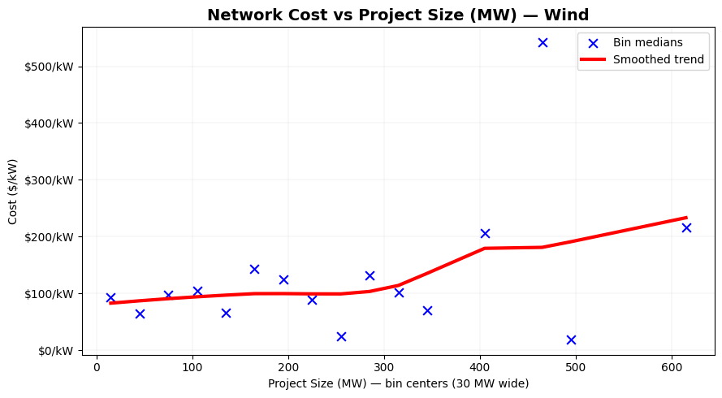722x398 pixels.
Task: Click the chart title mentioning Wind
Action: coord(398,15)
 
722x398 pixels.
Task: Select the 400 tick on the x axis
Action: coord(480,366)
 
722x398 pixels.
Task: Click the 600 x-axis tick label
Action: coord(672,366)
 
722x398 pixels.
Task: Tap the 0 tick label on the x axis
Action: coord(97,366)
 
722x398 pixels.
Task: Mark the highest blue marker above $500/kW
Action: coord(543,42)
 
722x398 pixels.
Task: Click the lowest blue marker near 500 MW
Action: coord(571,340)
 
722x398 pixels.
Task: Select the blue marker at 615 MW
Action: coord(686,227)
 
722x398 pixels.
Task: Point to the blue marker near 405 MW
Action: coord(485,233)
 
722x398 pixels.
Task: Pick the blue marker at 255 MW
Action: coord(341,336)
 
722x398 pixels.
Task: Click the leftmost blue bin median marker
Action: coord(110,297)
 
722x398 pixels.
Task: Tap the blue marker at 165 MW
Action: coord(254,269)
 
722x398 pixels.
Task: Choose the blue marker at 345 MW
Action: coord(427,310)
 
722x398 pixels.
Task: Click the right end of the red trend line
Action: coord(686,218)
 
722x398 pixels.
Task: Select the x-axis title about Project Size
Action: coord(398,383)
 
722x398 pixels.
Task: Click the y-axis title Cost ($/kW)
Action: coord(13,192)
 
